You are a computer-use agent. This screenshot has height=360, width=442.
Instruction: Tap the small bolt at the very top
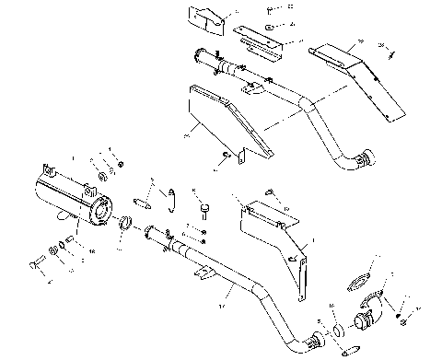tap(268, 9)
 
